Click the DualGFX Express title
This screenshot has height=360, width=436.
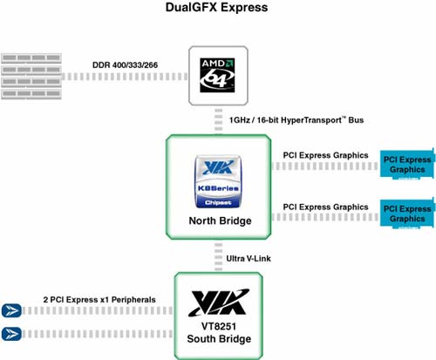(216, 7)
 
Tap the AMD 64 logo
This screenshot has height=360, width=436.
(217, 75)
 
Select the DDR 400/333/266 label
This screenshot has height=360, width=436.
(125, 65)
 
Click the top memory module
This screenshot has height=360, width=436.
(31, 58)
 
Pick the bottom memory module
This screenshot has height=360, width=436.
(31, 94)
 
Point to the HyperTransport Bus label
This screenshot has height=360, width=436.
(296, 119)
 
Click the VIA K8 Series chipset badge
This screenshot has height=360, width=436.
(218, 181)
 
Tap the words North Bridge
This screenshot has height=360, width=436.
(220, 221)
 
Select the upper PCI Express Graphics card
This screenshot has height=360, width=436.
(408, 164)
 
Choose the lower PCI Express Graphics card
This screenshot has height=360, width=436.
(408, 214)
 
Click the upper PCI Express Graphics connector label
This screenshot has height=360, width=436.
(325, 155)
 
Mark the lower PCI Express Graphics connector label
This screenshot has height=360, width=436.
(325, 207)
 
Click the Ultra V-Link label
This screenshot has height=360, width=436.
(249, 258)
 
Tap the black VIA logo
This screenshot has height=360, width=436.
(219, 302)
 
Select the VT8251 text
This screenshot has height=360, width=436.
(219, 326)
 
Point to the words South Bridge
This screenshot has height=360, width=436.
(219, 339)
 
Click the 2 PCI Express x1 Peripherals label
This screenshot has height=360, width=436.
(99, 300)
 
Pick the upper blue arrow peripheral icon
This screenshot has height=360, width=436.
(11, 310)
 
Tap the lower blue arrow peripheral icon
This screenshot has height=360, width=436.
(11, 334)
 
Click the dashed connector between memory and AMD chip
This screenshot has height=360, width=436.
(125, 77)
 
